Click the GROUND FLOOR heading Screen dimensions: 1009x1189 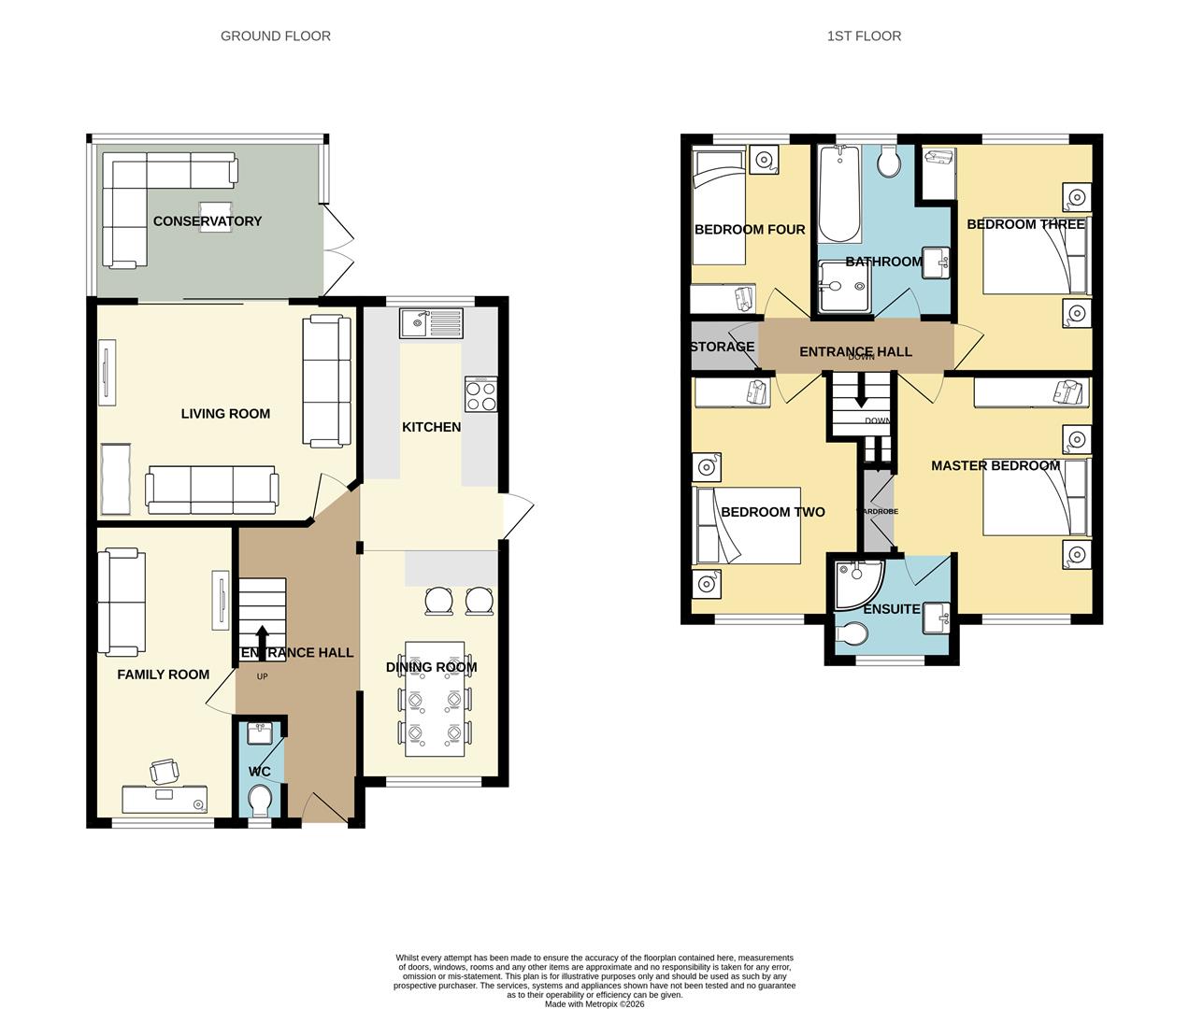coord(275,36)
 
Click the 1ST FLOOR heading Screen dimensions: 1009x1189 coord(864,36)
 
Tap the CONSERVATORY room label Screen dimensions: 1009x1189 coord(207,221)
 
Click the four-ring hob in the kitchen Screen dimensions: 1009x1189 coord(481,396)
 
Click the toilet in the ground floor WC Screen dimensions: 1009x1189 coord(260,800)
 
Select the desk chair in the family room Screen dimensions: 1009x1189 coord(165,772)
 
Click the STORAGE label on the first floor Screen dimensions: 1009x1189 coord(722,347)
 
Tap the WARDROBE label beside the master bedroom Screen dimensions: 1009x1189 coord(878,512)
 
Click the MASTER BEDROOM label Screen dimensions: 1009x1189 coord(996,465)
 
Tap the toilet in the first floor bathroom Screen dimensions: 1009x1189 coord(888,163)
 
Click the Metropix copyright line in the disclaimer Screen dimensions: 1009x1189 coord(594,1004)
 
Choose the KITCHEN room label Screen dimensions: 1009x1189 coord(431,427)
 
